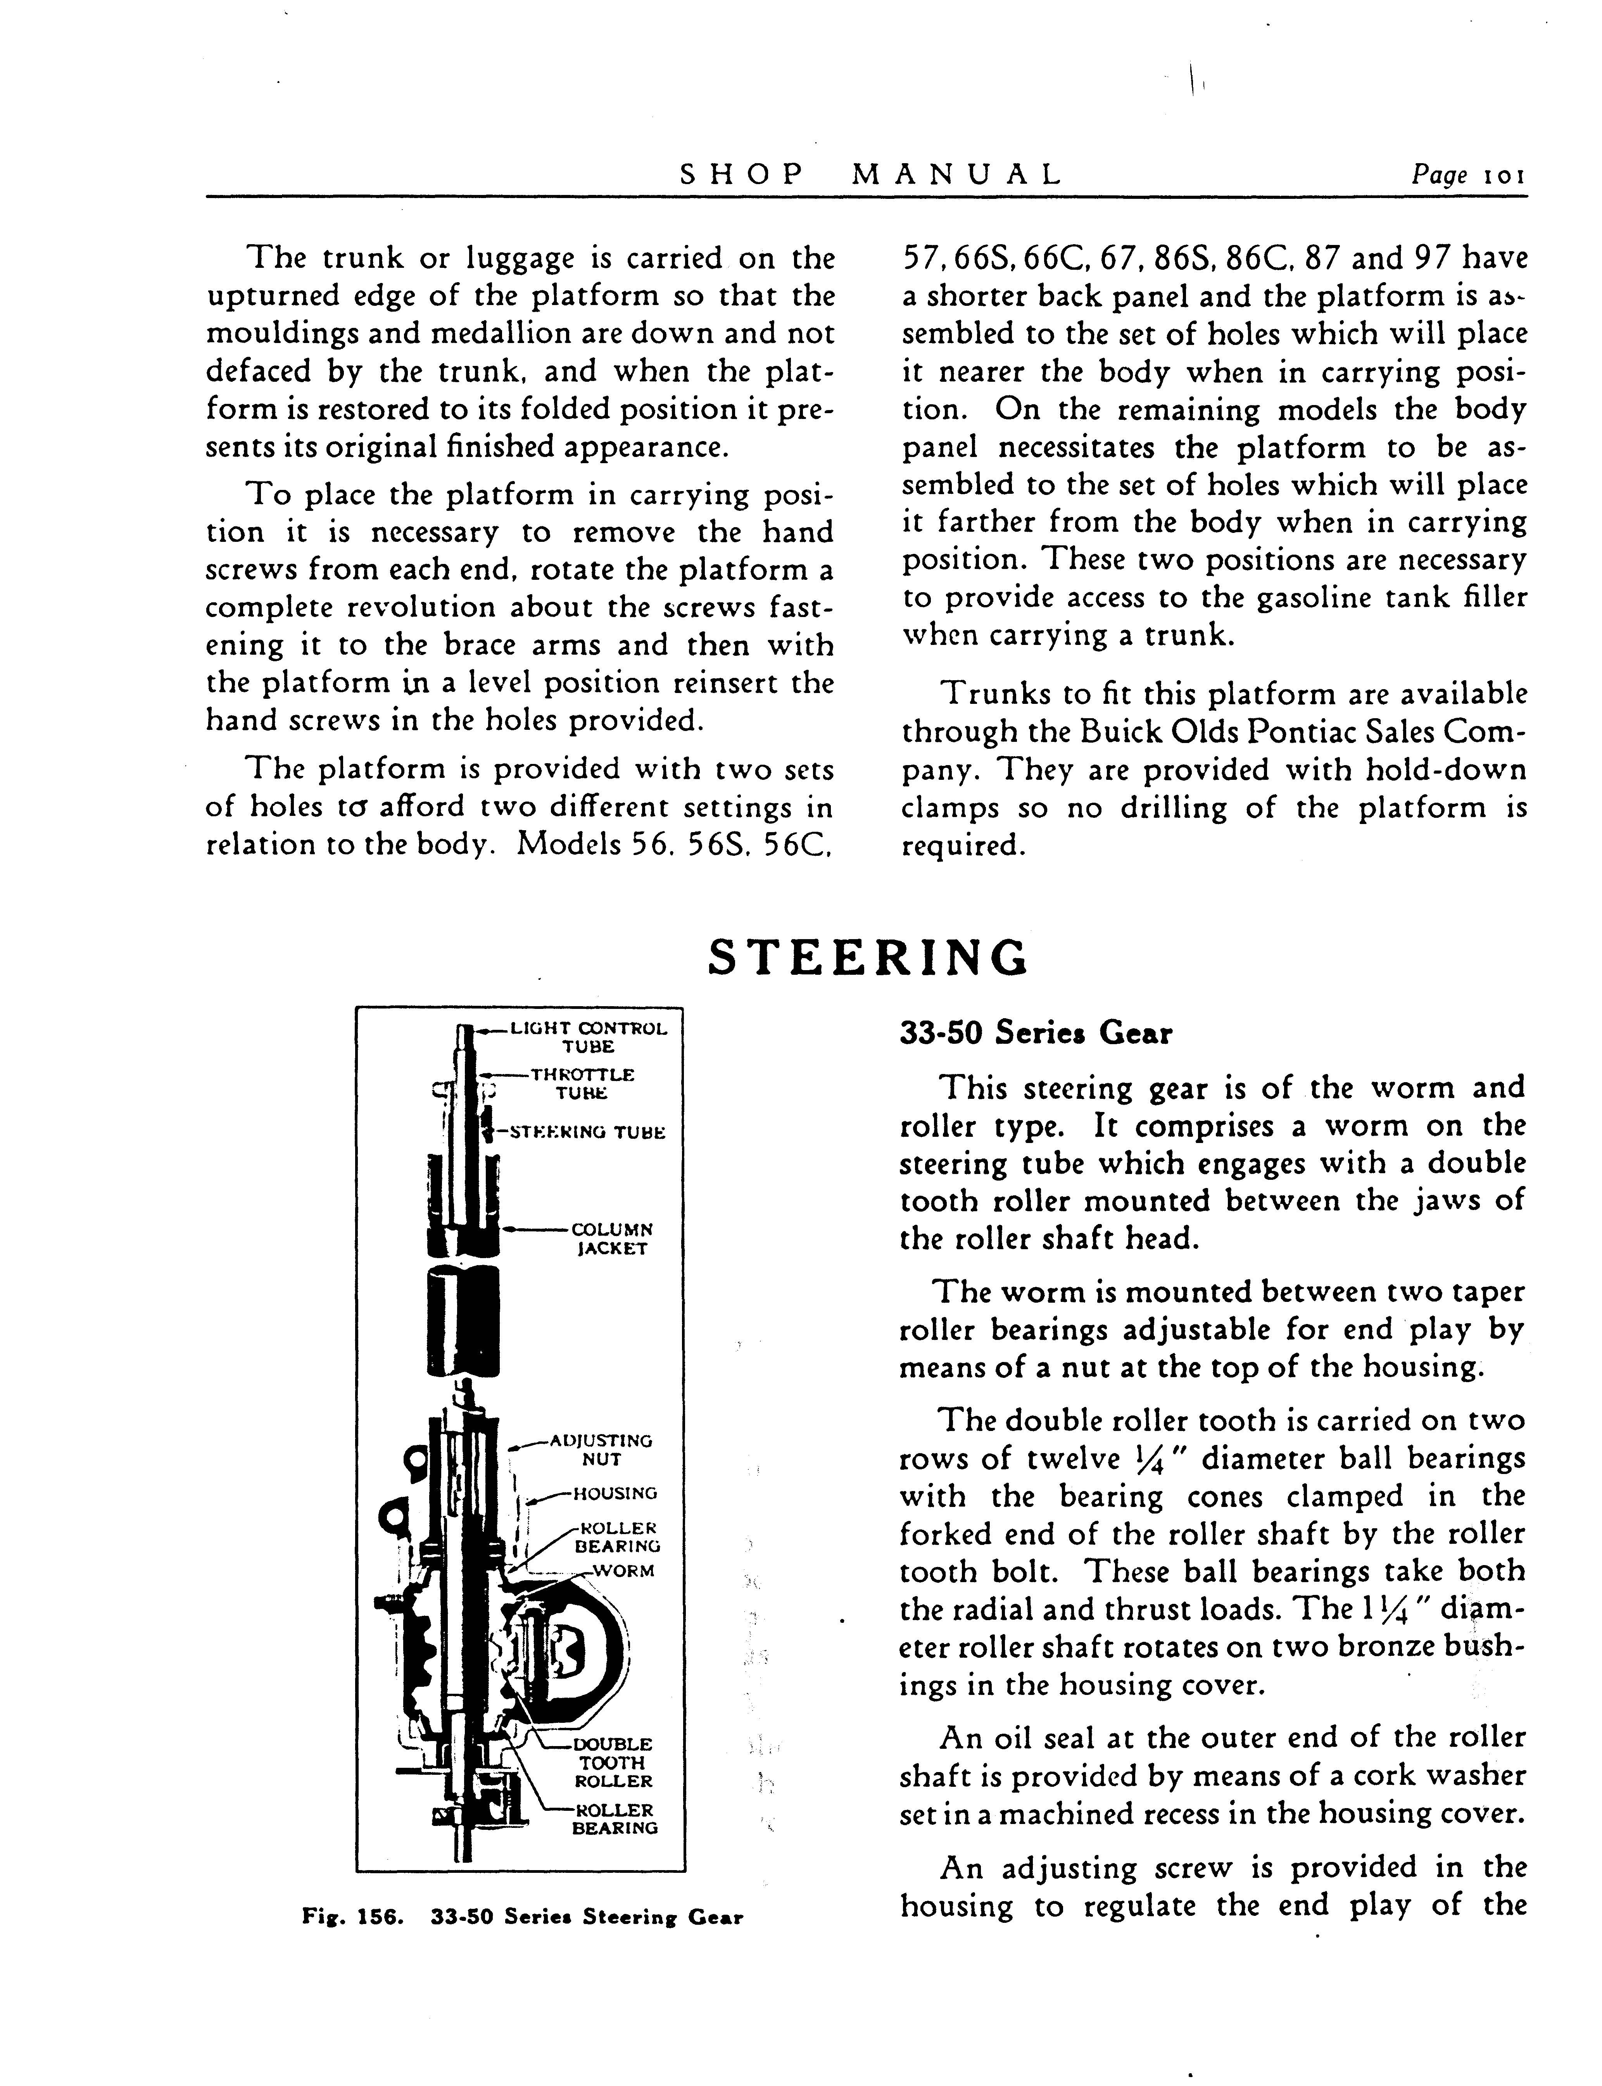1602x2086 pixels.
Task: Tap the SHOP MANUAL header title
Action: click(x=870, y=174)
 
